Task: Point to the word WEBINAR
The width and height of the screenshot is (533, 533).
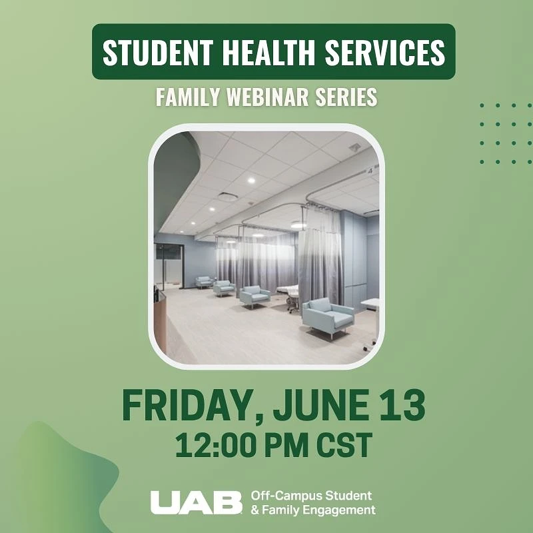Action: pyautogui.click(x=266, y=97)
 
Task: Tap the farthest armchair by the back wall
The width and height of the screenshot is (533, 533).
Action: pyautogui.click(x=204, y=281)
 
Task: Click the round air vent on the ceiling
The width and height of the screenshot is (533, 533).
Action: pyautogui.click(x=227, y=197)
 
